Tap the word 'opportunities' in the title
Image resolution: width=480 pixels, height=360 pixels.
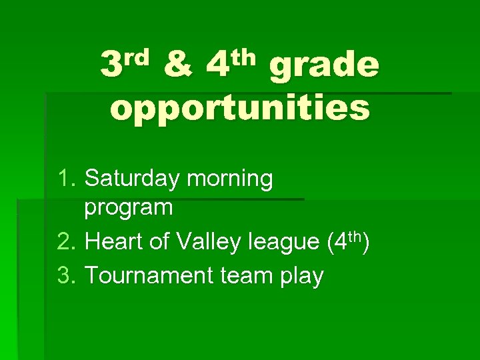pyautogui.click(x=240, y=108)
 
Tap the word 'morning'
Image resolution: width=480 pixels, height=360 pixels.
pyautogui.click(x=230, y=179)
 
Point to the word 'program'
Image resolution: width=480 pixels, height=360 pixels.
pyautogui.click(x=129, y=208)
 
